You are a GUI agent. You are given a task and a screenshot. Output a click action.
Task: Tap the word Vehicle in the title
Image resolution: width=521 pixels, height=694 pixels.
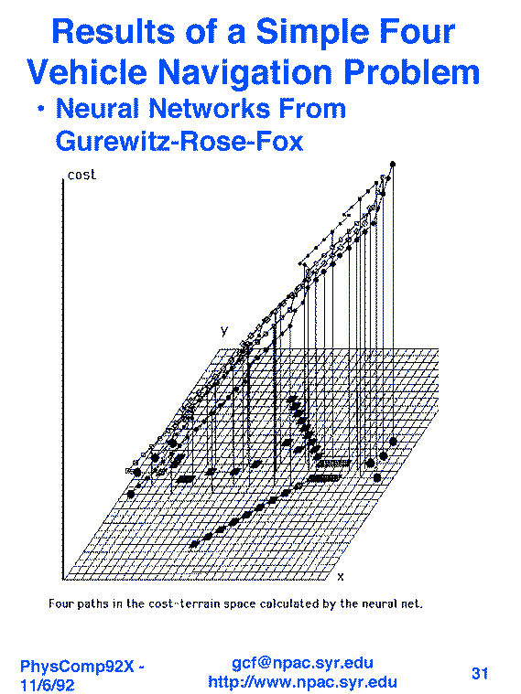[86, 72]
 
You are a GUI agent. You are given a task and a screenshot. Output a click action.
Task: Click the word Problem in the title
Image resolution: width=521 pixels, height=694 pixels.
[411, 72]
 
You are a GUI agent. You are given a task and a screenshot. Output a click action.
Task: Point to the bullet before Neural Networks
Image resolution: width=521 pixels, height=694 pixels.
[41, 109]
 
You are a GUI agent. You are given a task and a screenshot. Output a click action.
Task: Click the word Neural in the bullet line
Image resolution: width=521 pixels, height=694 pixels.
[97, 109]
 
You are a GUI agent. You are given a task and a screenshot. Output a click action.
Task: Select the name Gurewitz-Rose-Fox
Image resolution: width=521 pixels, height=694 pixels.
[179, 141]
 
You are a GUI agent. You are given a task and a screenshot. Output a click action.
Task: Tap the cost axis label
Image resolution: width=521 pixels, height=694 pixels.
[81, 175]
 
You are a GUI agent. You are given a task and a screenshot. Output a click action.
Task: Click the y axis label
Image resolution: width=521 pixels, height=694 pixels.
[224, 331]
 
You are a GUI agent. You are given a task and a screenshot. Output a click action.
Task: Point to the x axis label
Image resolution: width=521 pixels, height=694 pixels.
[340, 577]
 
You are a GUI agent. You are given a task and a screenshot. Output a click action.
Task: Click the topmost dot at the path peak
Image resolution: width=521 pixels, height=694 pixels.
[393, 165]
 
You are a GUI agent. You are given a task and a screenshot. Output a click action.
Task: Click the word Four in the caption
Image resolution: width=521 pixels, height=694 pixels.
[60, 603]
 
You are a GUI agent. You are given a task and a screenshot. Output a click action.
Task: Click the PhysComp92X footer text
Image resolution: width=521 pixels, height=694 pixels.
[82, 667]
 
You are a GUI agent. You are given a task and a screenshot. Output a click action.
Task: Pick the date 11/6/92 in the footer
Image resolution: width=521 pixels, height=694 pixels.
[48, 685]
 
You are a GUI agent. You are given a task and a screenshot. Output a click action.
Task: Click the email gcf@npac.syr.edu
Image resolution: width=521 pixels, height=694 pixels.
[302, 663]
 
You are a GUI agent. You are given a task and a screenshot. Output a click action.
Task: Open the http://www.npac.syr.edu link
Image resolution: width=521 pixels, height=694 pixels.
[302, 681]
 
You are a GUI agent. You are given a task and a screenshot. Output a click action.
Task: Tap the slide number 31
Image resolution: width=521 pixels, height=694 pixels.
[480, 673]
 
